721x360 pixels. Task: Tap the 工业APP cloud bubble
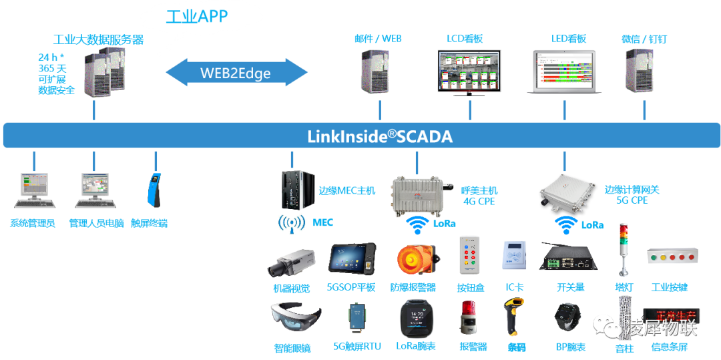tap(196, 17)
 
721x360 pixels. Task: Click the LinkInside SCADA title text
tap(379, 137)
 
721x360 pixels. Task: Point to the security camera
tap(291, 261)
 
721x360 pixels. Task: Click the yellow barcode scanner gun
tap(512, 317)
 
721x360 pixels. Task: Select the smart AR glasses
tap(294, 317)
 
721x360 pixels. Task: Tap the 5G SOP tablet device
tap(352, 258)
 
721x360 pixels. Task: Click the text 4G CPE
tap(479, 201)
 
